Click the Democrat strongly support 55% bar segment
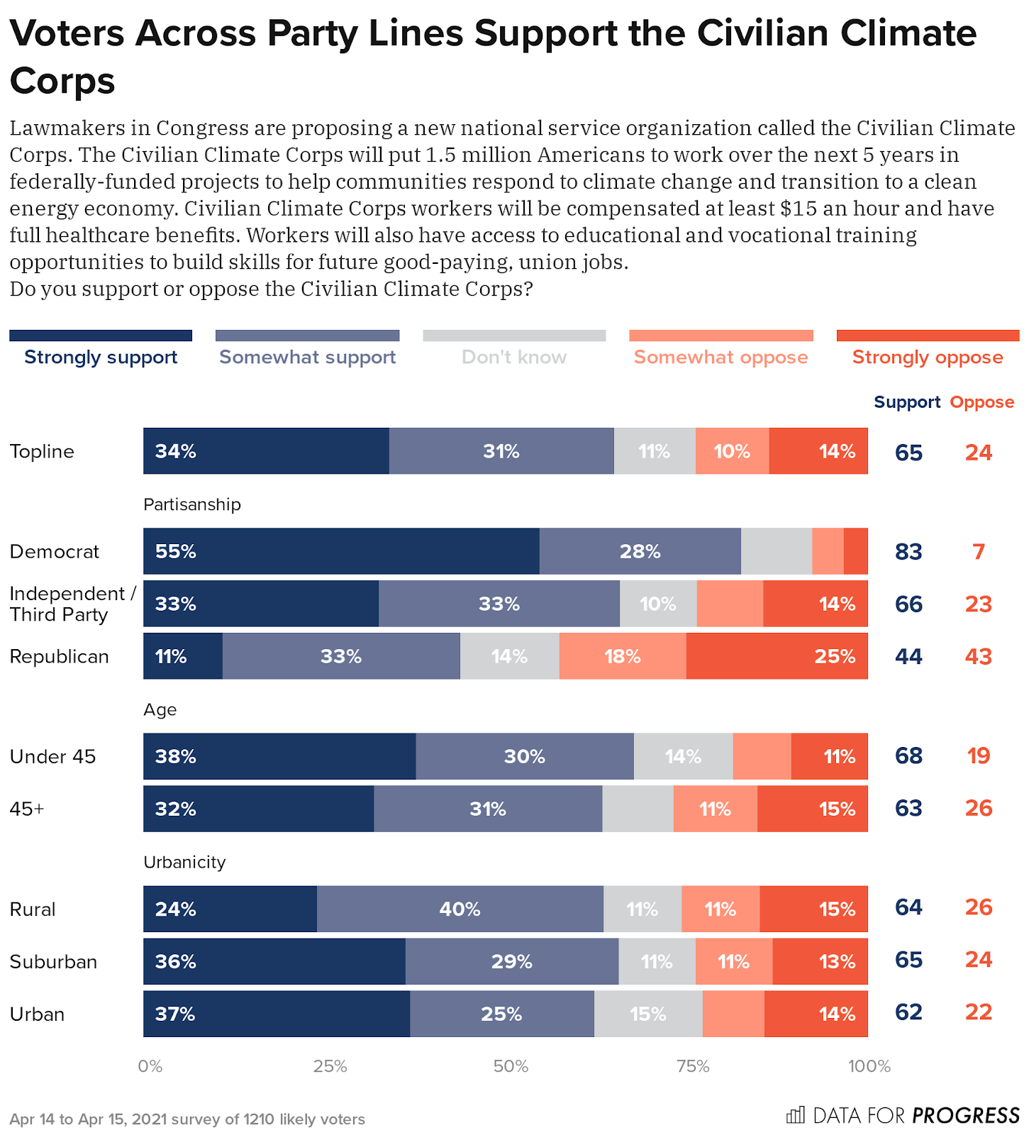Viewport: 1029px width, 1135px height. (x=341, y=551)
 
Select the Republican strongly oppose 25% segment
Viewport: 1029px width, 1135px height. (x=777, y=656)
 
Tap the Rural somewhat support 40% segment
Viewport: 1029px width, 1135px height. (x=460, y=909)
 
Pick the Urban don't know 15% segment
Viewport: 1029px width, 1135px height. (x=647, y=1014)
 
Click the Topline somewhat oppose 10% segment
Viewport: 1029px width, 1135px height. (x=732, y=451)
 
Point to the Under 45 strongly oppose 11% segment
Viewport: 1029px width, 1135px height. (x=829, y=756)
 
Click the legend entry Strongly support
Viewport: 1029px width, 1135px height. (x=101, y=357)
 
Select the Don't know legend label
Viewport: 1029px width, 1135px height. (x=514, y=357)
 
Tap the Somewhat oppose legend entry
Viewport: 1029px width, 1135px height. (x=721, y=357)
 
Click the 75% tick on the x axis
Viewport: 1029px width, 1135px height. (x=693, y=1066)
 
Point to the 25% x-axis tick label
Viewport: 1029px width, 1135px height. (x=330, y=1066)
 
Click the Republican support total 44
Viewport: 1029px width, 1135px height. (x=908, y=656)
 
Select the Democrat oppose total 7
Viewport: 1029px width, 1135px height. (x=979, y=551)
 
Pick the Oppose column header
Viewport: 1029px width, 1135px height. (x=982, y=402)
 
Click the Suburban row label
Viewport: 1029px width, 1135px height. (x=53, y=962)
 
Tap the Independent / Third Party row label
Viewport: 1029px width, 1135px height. (x=71, y=604)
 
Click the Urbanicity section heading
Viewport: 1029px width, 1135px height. (x=184, y=862)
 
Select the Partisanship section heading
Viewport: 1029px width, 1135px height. (x=192, y=504)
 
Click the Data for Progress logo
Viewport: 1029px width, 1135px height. (x=903, y=1115)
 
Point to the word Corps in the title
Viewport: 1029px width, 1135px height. (x=62, y=81)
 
